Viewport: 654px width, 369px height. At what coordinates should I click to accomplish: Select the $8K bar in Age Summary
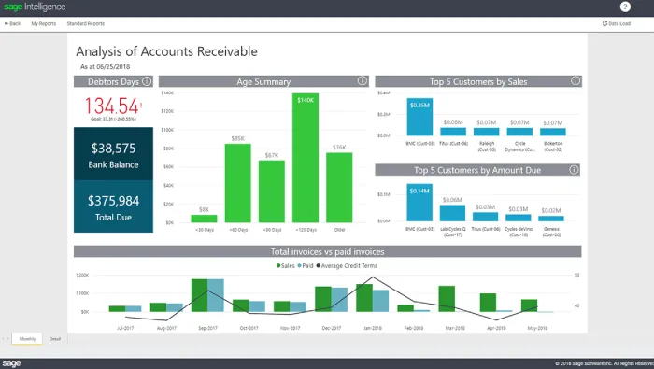pyautogui.click(x=204, y=220)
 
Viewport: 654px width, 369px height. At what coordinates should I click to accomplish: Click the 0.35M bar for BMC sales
pyautogui.click(x=419, y=119)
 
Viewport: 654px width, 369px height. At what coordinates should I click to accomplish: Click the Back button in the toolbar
pyautogui.click(x=13, y=23)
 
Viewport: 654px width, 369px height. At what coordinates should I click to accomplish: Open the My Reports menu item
pyautogui.click(x=43, y=23)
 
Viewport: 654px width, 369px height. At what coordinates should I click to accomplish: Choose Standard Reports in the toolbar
pyautogui.click(x=86, y=23)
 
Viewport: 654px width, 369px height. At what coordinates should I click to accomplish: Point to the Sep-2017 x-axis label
pyautogui.click(x=208, y=328)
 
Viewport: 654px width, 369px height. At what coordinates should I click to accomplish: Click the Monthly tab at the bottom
pyautogui.click(x=28, y=338)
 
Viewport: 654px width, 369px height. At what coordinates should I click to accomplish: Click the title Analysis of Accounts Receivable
pyautogui.click(x=166, y=51)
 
